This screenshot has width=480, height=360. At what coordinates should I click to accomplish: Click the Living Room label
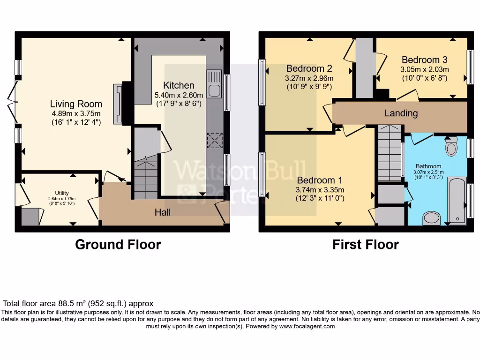(x=76, y=104)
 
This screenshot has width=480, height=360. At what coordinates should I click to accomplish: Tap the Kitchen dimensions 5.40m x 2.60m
(x=179, y=95)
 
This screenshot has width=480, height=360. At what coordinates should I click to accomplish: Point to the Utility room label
(x=62, y=193)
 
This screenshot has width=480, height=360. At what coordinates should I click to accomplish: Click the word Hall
(x=163, y=212)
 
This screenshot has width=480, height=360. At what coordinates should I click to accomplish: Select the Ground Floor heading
(x=118, y=245)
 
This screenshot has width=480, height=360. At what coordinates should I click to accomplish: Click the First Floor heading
(x=366, y=245)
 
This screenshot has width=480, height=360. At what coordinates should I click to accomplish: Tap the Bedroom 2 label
(x=309, y=68)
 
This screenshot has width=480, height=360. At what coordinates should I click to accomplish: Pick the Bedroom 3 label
(x=424, y=60)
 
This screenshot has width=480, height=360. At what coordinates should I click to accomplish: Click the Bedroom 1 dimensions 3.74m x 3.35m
(x=320, y=190)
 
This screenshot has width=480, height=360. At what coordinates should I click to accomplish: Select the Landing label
(x=401, y=113)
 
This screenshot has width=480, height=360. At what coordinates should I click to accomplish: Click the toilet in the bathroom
(x=451, y=147)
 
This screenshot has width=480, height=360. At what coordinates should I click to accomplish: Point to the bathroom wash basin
(x=431, y=218)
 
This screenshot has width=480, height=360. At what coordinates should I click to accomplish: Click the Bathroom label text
(x=428, y=166)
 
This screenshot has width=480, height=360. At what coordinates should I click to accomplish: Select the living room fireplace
(x=118, y=104)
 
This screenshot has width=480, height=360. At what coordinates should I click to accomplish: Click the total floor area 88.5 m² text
(x=78, y=304)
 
